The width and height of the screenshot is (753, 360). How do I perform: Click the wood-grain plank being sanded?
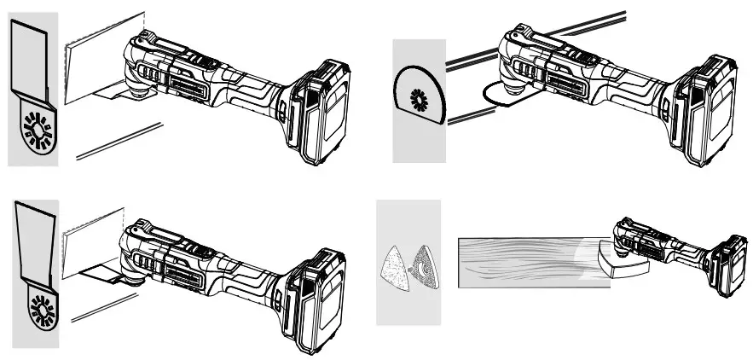pos(520,263)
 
